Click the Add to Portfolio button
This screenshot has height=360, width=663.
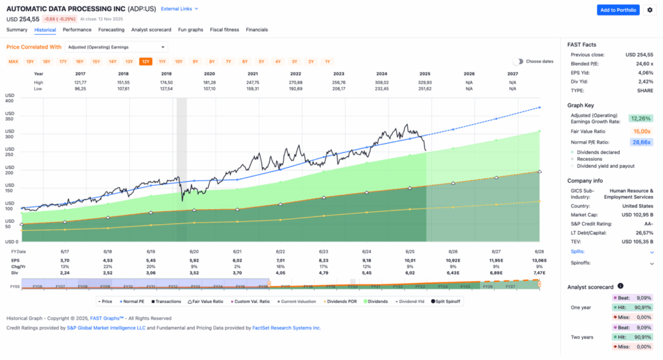pos(618,10)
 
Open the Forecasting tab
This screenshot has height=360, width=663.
pos(111,30)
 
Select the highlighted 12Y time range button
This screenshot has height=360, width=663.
pos(146,62)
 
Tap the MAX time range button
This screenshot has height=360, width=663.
pos(13,62)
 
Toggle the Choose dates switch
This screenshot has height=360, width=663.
pos(518,62)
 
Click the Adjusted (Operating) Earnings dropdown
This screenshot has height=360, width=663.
pos(117,47)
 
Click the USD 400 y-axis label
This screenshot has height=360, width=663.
pos(10,101)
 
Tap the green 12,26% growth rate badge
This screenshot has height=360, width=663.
pos(640,118)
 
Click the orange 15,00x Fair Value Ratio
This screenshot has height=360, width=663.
pos(642,131)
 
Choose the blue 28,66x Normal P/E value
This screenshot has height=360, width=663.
pos(640,142)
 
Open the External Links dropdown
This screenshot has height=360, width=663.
pos(180,9)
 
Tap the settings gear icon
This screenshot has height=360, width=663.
pos(649,10)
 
